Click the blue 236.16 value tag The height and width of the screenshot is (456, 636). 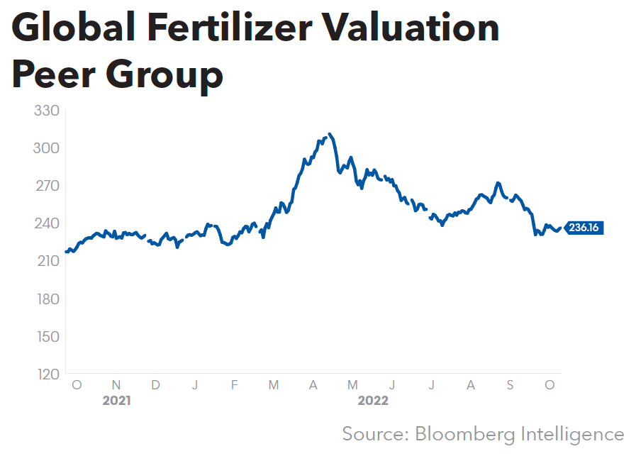pyautogui.click(x=584, y=228)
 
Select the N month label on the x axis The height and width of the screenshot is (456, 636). pyautogui.click(x=116, y=385)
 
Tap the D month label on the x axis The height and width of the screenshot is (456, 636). pyautogui.click(x=155, y=385)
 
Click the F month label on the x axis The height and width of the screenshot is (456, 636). pyautogui.click(x=234, y=385)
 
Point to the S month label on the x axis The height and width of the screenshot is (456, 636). pyautogui.click(x=510, y=385)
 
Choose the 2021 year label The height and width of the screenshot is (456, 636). pyautogui.click(x=116, y=401)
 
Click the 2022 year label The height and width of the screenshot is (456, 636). pyautogui.click(x=373, y=401)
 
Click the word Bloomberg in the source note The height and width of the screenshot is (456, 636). pyautogui.click(x=469, y=433)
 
